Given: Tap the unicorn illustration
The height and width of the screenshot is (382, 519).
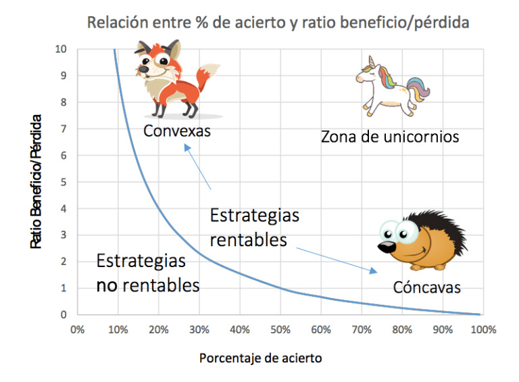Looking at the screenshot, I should (392, 87).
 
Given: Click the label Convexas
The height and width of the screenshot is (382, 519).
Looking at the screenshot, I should (177, 130).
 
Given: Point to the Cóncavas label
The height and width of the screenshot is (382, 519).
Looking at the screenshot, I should (426, 287).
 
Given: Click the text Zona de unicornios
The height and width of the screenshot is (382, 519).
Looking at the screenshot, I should (390, 137).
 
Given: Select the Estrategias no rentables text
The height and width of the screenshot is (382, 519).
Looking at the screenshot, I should (148, 273).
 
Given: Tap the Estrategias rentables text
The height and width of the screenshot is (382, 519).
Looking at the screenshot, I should (255, 227).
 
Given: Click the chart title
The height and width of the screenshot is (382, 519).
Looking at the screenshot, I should (278, 22).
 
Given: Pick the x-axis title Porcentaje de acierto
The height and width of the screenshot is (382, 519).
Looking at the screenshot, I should (260, 358).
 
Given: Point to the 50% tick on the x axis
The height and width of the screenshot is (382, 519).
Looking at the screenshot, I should (280, 330).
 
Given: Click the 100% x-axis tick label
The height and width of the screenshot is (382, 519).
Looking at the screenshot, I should (483, 330).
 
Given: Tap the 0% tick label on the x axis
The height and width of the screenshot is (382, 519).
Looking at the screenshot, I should (77, 330).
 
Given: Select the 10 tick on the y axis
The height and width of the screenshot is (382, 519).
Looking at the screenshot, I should (61, 49).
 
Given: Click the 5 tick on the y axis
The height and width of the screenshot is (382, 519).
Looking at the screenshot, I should (64, 182).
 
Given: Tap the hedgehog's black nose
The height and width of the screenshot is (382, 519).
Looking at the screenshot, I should (385, 247).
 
